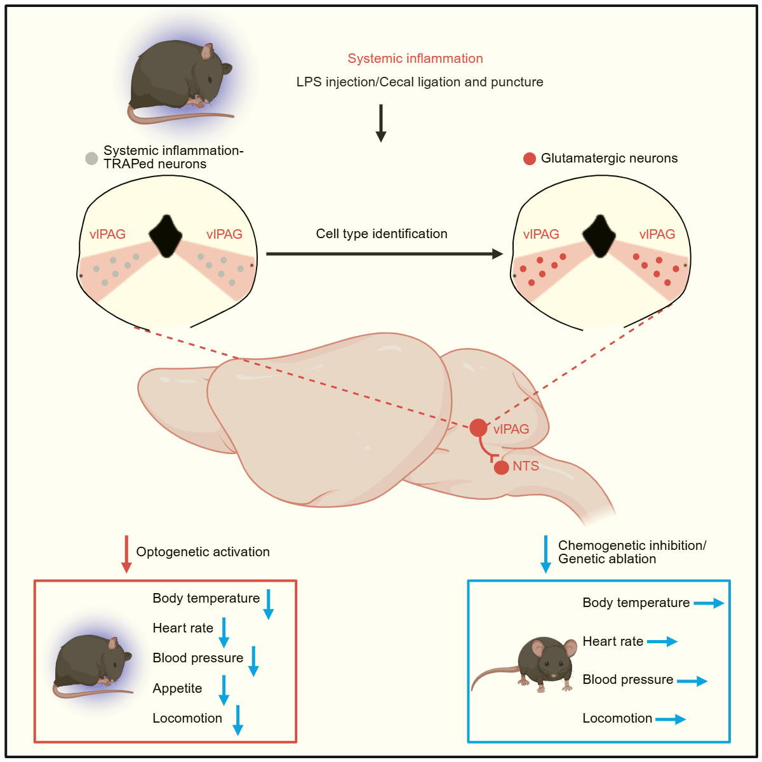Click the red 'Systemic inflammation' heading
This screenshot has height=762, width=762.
pyautogui.click(x=415, y=58)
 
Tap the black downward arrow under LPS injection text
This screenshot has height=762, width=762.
pyautogui.click(x=381, y=123)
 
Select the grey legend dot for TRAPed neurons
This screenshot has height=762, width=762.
pyautogui.click(x=91, y=158)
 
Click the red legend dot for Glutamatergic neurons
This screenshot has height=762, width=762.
pyautogui.click(x=530, y=159)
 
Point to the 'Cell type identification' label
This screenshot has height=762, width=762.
pyautogui.click(x=382, y=234)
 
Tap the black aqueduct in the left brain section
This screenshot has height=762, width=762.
pyautogui.click(x=166, y=236)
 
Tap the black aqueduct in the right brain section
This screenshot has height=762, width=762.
pyautogui.click(x=599, y=236)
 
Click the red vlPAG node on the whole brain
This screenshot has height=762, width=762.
pyautogui.click(x=478, y=428)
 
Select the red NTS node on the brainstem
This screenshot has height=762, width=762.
pyautogui.click(x=502, y=467)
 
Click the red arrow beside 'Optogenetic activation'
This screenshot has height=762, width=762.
pyautogui.click(x=126, y=554)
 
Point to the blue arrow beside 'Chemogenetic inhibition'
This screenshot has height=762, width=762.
pyautogui.click(x=545, y=554)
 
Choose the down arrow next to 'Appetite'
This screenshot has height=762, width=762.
pyautogui.click(x=224, y=690)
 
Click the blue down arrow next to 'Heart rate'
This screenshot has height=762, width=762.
pyautogui.click(x=224, y=632)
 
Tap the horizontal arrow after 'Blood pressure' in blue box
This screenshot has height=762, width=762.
pyautogui.click(x=692, y=681)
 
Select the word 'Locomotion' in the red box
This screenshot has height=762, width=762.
pyautogui.click(x=187, y=718)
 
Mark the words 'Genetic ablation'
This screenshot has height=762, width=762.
pyautogui.click(x=607, y=559)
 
